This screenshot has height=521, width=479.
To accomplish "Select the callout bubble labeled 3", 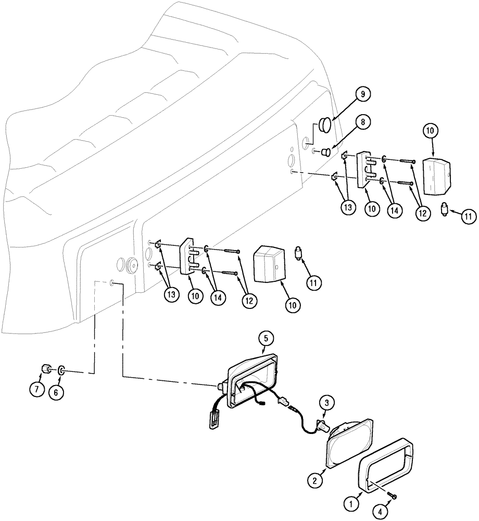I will click(x=326, y=402).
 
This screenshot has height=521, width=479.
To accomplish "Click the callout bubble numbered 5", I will click(x=265, y=338).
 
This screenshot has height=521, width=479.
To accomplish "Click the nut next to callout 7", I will click(x=45, y=370).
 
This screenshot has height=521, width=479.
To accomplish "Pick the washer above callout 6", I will click(x=61, y=370).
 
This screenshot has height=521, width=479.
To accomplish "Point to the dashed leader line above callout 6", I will click(x=94, y=328).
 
